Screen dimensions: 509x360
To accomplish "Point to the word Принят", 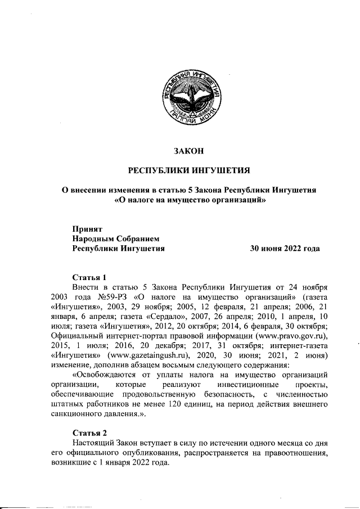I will point(87,229).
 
